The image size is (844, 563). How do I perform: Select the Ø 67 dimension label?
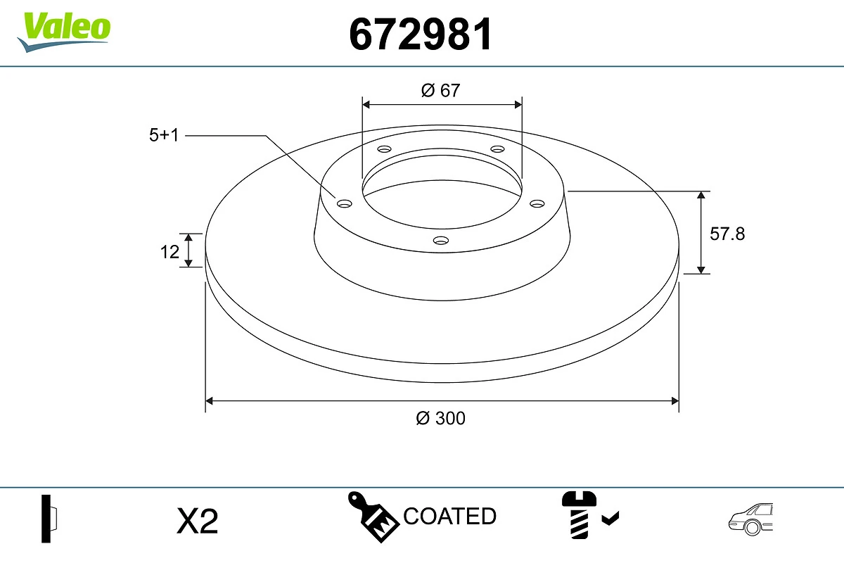pos(440,90)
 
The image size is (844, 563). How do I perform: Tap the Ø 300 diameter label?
pos(440,418)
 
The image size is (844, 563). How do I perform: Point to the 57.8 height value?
pos(727,234)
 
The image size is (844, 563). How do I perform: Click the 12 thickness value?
pos(170,251)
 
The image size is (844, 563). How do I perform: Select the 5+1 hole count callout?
pos(164,135)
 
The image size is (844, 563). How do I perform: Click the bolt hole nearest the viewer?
pos(441,241)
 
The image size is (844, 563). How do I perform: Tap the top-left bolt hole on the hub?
pos(384,149)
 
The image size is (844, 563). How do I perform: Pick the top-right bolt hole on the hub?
pos(498,149)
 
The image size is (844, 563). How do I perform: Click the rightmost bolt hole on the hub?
pos(537,203)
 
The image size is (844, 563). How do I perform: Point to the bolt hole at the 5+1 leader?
pos(344,204)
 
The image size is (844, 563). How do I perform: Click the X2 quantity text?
pos(198,521)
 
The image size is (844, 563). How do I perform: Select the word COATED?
pos(449,517)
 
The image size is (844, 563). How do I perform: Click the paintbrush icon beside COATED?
pos(373,517)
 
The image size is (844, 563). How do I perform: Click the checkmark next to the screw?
pos(610,519)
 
